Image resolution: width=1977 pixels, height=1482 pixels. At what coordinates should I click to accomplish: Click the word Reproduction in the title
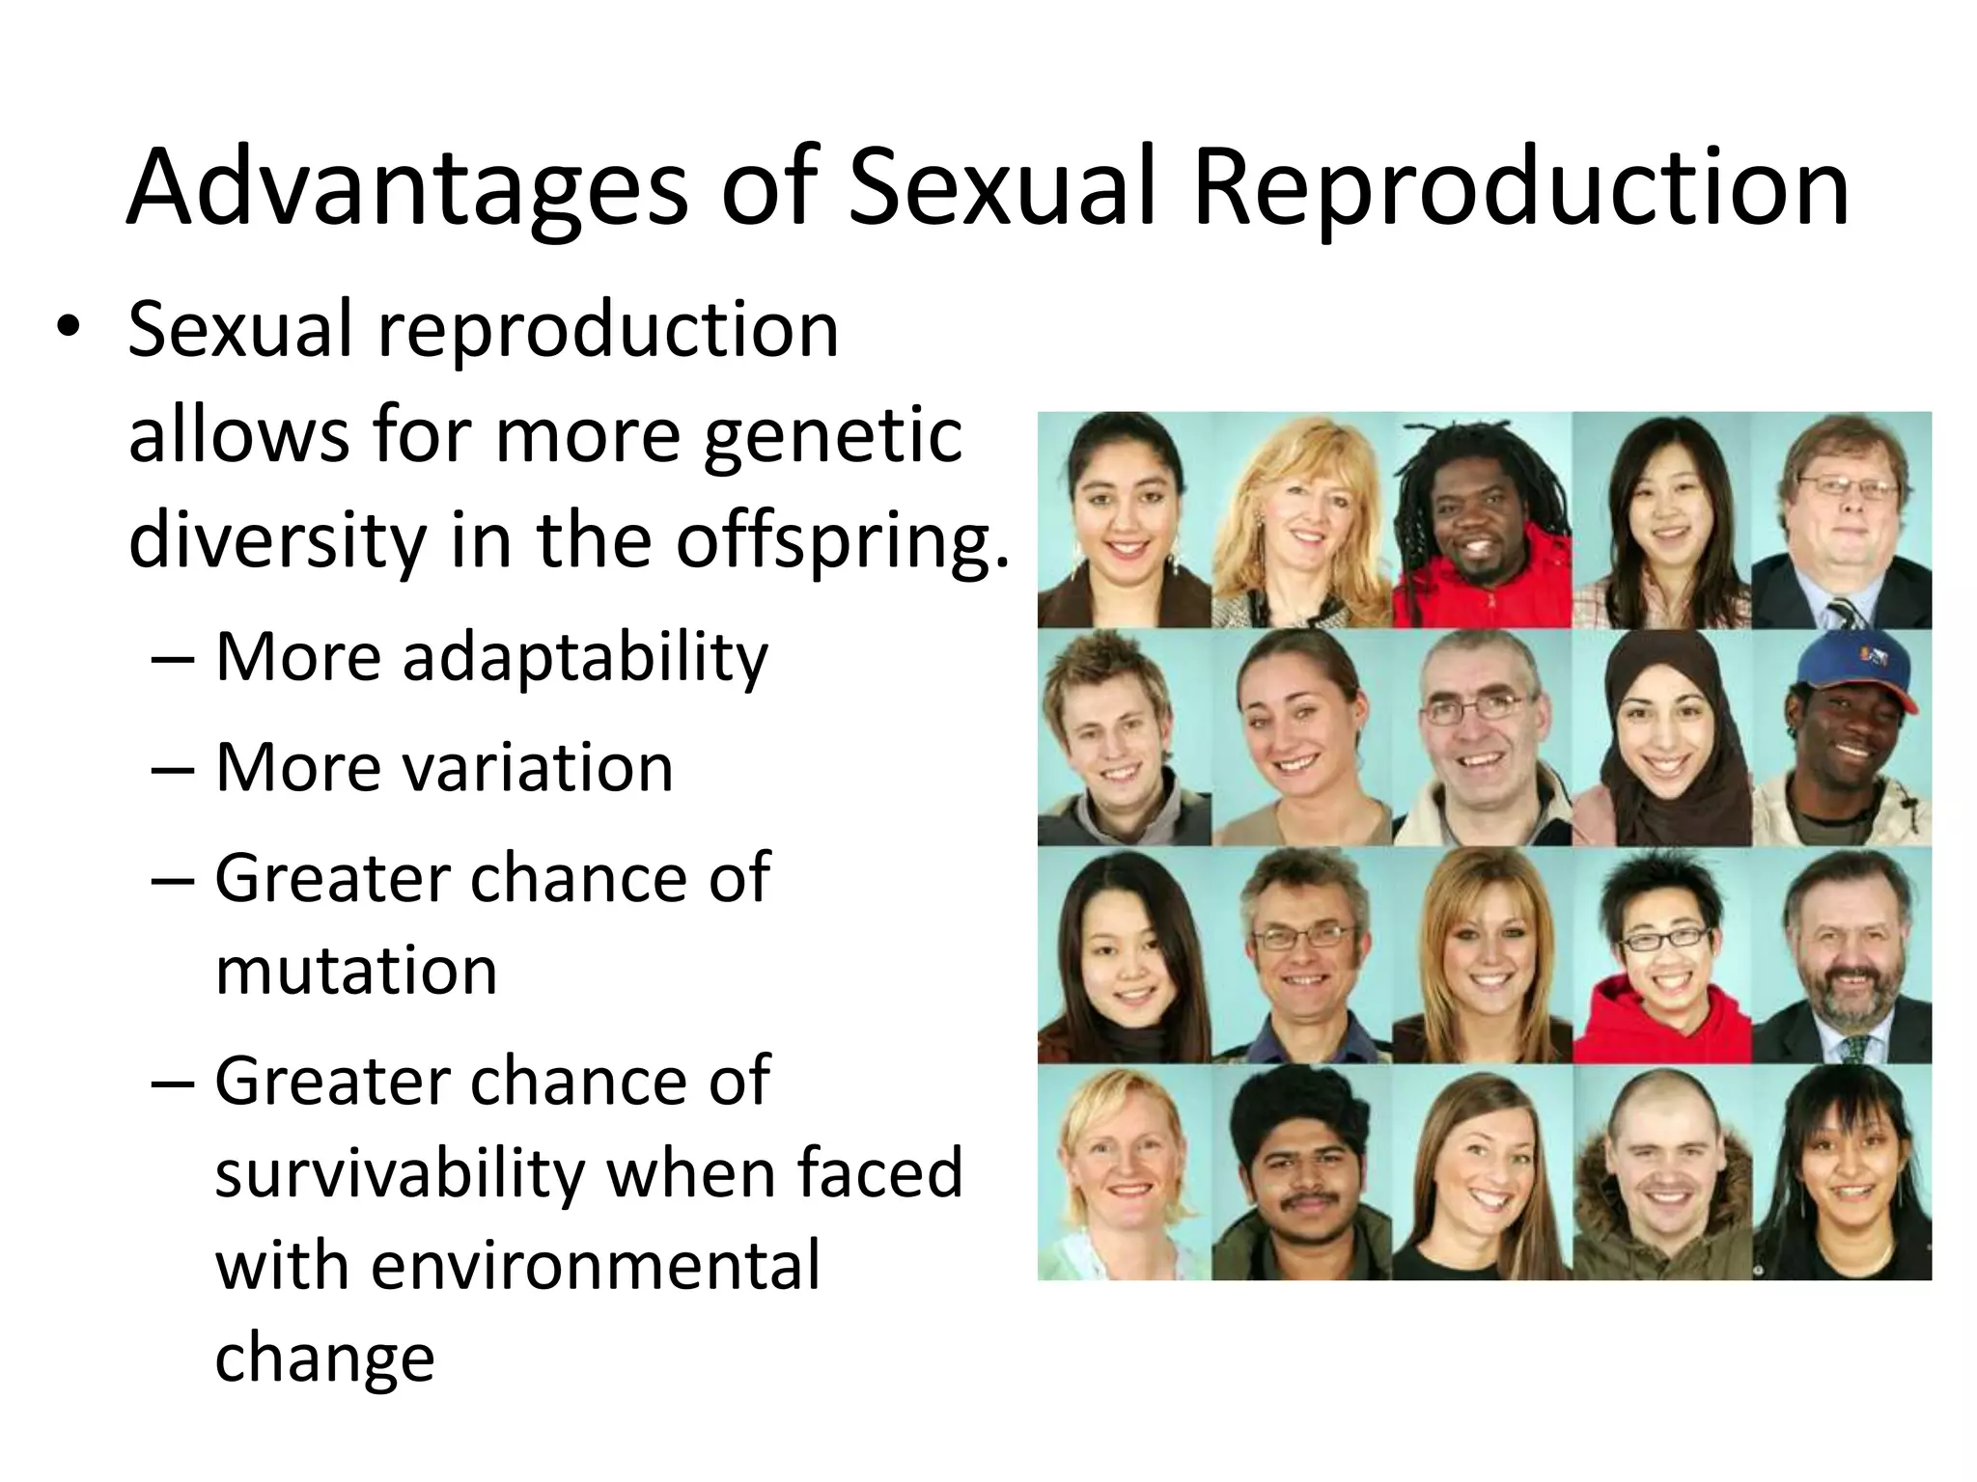pyautogui.click(x=1520, y=188)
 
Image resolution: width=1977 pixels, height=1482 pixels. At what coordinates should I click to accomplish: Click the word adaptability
pyautogui.click(x=585, y=658)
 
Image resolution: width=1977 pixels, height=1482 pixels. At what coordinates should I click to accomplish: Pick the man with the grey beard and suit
pyautogui.click(x=1842, y=955)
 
